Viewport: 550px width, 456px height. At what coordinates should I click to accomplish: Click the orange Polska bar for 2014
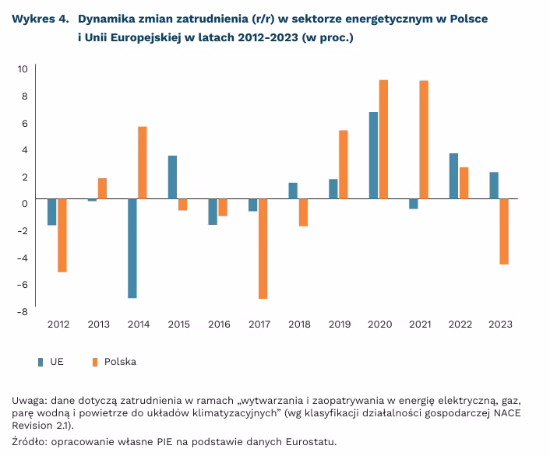tap(143, 163)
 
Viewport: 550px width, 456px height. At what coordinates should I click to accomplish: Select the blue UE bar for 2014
tap(132, 248)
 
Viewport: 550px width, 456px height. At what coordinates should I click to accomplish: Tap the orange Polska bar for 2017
tap(263, 248)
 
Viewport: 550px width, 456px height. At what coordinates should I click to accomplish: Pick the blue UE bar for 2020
tap(374, 156)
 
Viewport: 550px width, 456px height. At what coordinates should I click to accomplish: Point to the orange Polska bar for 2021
tap(424, 140)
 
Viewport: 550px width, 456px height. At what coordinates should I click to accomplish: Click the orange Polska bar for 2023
tap(504, 231)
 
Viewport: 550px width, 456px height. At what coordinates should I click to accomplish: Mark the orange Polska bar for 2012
tap(62, 235)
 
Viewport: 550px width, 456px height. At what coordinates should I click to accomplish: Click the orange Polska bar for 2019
tap(344, 164)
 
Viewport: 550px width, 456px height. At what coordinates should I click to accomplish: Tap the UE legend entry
tap(51, 361)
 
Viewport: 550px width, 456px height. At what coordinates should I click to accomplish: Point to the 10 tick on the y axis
tap(23, 69)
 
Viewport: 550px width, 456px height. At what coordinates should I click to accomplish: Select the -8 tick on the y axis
tap(23, 311)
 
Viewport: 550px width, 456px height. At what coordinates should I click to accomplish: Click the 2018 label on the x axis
tap(299, 323)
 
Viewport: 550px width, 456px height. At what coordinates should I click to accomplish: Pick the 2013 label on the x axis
tap(98, 323)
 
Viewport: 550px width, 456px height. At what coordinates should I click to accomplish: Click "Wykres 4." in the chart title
tap(37, 18)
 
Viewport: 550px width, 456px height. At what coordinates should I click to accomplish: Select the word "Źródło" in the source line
tap(30, 441)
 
